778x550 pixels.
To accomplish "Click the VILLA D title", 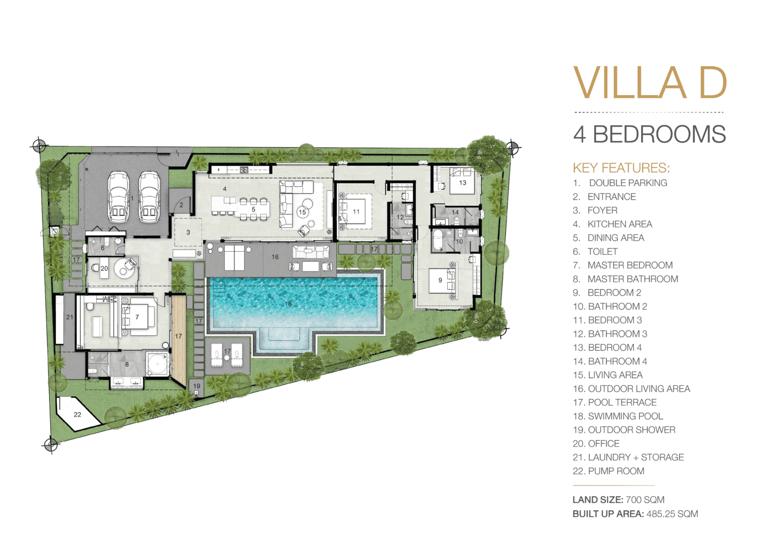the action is click(x=650, y=83).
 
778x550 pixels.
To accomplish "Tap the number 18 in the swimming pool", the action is click(x=288, y=304).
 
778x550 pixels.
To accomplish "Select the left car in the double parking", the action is click(x=118, y=197).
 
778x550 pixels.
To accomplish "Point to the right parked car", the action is click(x=149, y=197).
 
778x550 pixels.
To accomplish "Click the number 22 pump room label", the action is click(x=77, y=415).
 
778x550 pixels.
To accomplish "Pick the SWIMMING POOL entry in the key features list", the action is click(x=618, y=416).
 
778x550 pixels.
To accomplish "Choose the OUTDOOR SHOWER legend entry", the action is click(x=624, y=430).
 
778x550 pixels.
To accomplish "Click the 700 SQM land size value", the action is click(x=645, y=500).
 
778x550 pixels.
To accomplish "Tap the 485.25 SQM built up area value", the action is click(x=672, y=514).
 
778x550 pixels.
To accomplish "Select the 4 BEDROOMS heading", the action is click(x=649, y=134).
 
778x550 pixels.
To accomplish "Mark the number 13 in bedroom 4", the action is click(x=462, y=183).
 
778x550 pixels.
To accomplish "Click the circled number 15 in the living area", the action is click(x=302, y=212).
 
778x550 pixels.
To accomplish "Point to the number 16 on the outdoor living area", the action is click(x=275, y=257).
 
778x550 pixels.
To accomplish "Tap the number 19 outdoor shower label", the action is click(x=197, y=386).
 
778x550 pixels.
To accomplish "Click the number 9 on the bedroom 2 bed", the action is click(x=440, y=280).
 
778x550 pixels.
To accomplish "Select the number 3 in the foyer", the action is click(x=188, y=232).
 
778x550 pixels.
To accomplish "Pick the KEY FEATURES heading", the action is click(x=621, y=168).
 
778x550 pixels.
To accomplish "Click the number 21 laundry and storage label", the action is click(x=70, y=317).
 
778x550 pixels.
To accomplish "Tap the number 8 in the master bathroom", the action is click(x=127, y=365).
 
